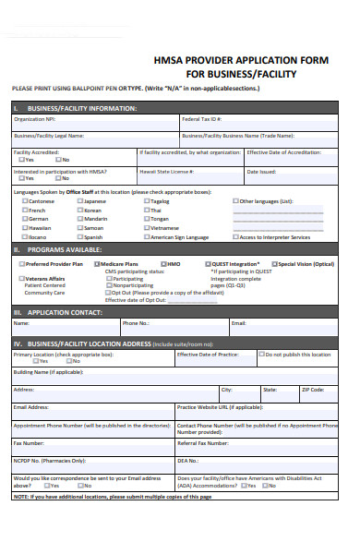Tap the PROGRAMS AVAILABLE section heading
tap(65, 249)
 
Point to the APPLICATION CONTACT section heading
tap(64, 312)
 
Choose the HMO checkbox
tap(162, 264)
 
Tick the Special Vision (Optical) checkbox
tap(274, 264)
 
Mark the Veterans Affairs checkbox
tap(20, 278)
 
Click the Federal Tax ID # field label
tap(201, 119)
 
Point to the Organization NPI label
tap(35, 119)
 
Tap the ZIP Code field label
tap(313, 389)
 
